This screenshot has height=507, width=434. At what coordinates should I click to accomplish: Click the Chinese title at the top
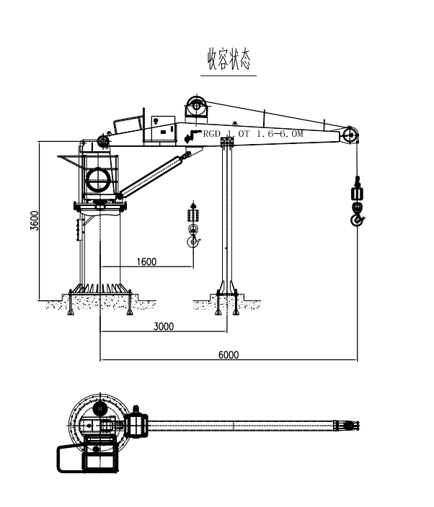(229, 59)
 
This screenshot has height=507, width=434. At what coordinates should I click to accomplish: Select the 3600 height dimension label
(35, 221)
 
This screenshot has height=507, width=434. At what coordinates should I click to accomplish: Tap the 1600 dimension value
(146, 261)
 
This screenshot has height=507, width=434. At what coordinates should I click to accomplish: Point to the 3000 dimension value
(164, 326)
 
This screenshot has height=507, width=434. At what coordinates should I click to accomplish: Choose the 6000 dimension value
(229, 355)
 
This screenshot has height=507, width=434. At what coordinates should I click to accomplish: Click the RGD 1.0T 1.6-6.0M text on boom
(253, 133)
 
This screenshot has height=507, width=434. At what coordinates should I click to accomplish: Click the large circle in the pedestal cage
(98, 179)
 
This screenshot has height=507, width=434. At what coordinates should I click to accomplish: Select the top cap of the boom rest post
(227, 141)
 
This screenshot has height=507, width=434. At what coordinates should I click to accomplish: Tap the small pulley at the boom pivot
(102, 142)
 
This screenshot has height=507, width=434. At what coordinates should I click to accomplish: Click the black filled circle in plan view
(100, 409)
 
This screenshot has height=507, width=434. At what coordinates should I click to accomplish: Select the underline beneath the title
(229, 76)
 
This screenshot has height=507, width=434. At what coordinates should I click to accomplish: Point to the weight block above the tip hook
(358, 194)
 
